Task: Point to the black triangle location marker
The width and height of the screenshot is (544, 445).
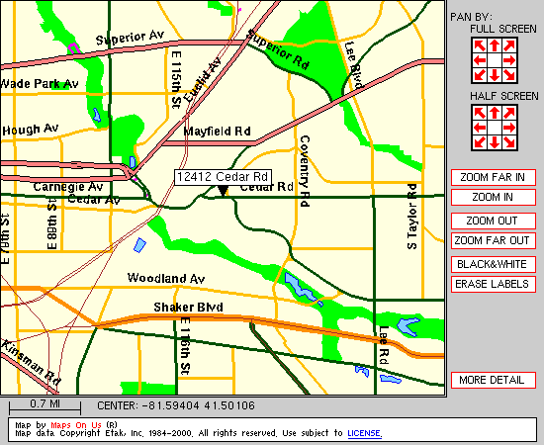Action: [x=224, y=191]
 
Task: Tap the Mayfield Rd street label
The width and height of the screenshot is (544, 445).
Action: [x=218, y=131]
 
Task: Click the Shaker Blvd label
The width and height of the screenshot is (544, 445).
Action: [x=188, y=308]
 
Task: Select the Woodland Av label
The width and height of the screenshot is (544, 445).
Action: [x=166, y=279]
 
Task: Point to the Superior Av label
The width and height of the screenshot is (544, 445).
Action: [x=130, y=38]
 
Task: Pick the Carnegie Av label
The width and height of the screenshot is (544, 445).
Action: [x=67, y=186]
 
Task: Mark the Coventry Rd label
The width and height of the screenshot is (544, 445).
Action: [x=305, y=169]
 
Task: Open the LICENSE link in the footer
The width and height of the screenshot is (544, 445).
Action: [x=365, y=433]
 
